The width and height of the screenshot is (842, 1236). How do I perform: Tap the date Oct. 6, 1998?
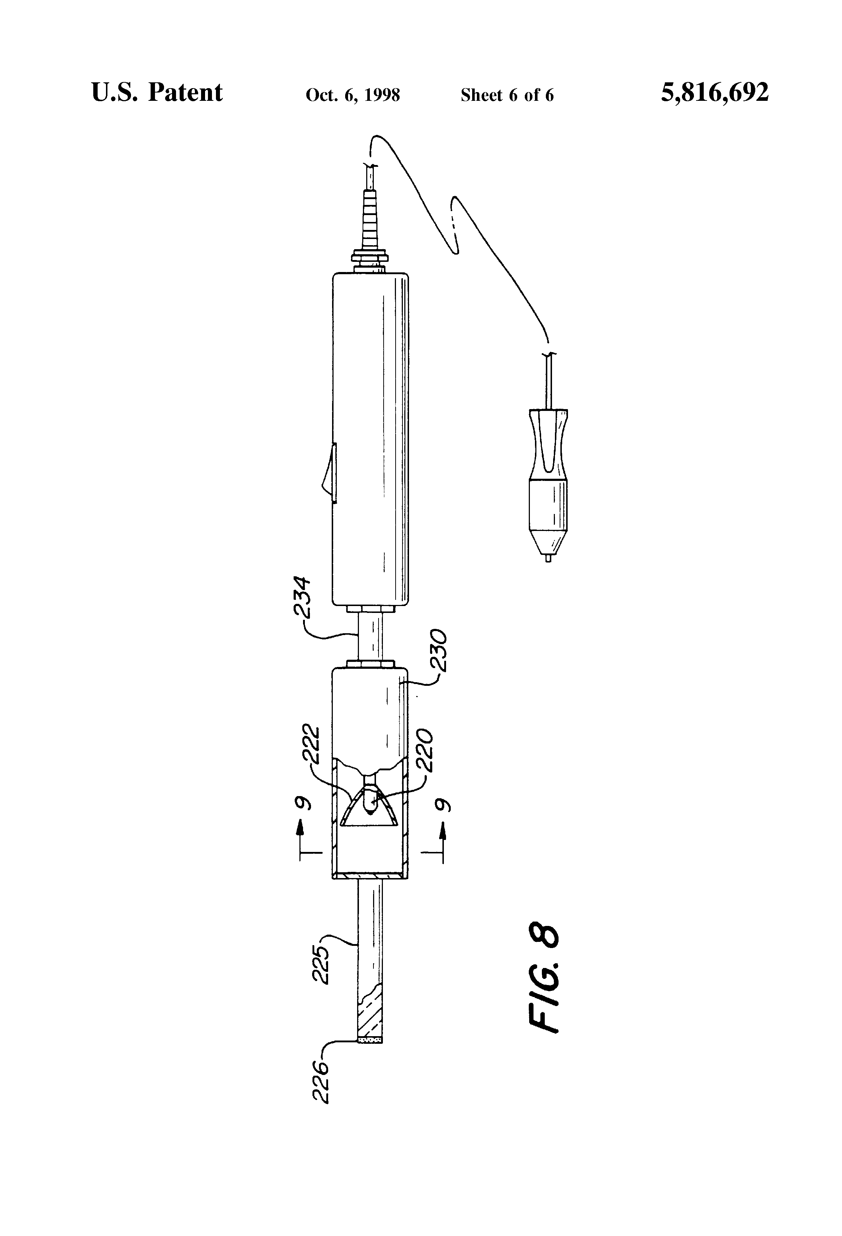point(353,95)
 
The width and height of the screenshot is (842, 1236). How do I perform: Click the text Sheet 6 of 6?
point(507,95)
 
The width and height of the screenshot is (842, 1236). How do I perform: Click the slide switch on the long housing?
point(329,472)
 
